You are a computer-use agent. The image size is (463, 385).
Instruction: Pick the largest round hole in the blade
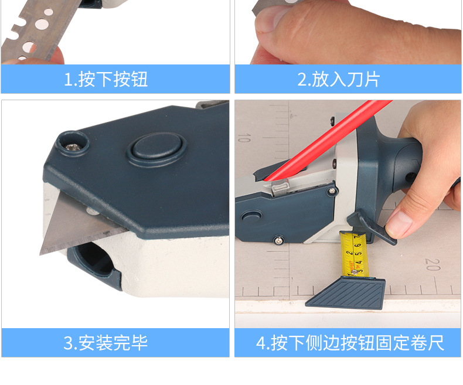coord(43,25)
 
